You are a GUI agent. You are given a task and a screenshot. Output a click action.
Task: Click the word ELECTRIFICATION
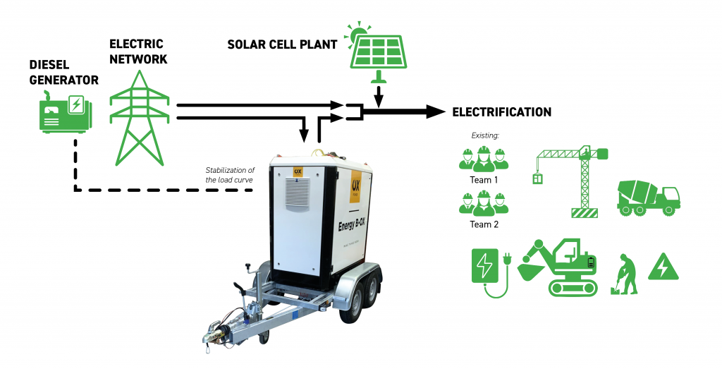(x=501, y=112)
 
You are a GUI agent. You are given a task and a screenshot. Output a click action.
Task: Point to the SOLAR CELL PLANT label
(x=281, y=44)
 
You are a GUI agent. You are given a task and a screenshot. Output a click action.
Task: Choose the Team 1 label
(x=484, y=179)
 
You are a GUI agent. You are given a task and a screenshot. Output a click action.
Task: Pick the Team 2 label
(x=484, y=224)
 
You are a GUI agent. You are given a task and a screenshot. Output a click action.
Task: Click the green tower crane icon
(x=573, y=180)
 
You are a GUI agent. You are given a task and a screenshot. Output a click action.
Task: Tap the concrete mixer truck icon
(x=648, y=196)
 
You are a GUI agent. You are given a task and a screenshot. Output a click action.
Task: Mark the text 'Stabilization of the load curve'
(x=229, y=174)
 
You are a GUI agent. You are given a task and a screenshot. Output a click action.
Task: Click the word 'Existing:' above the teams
(x=484, y=135)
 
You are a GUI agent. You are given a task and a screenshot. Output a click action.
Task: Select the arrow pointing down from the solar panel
(x=379, y=95)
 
